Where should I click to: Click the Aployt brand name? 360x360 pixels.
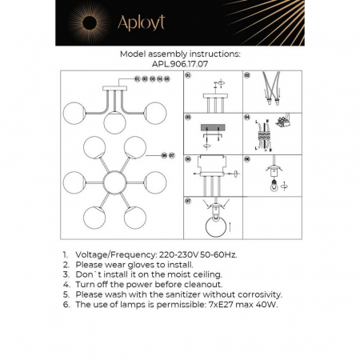[140, 24]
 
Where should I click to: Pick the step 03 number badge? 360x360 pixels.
[189, 115]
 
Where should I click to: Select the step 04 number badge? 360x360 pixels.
[248, 115]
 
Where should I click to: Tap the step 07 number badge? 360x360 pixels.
[189, 199]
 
